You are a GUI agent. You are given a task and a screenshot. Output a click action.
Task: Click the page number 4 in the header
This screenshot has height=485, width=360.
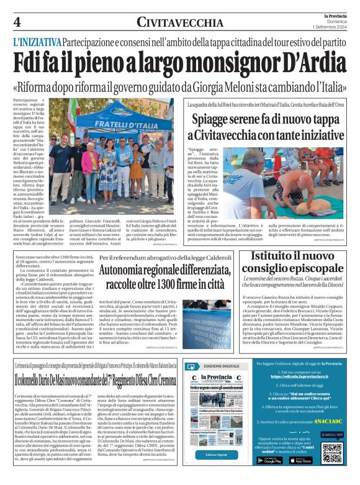click(x=17, y=22)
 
